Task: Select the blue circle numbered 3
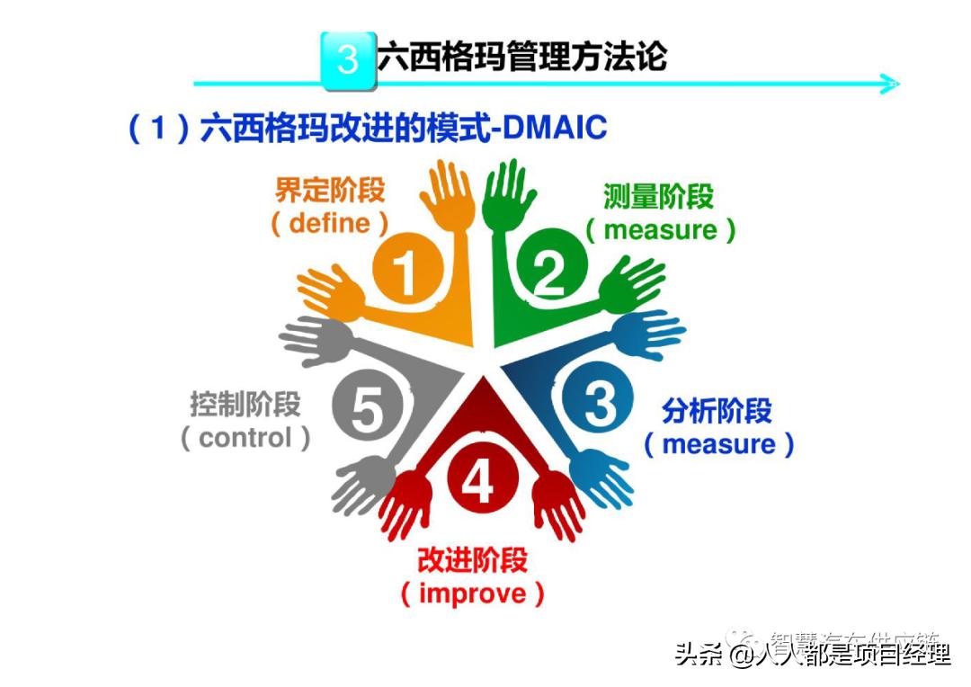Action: click(597, 402)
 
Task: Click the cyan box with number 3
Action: click(348, 60)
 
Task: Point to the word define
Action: click(330, 223)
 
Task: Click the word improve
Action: click(472, 593)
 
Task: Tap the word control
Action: click(245, 438)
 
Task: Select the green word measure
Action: click(661, 229)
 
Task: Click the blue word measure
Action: click(718, 444)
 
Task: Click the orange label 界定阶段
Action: click(330, 191)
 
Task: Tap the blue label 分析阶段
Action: click(717, 411)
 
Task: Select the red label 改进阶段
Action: click(472, 560)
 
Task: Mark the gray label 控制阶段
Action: click(245, 405)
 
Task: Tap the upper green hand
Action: click(506, 192)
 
